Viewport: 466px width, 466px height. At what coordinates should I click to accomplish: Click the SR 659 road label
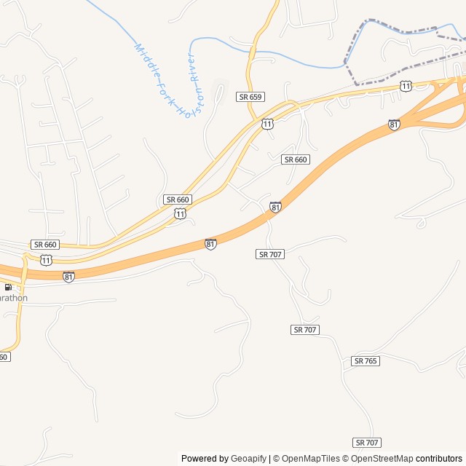[250, 96]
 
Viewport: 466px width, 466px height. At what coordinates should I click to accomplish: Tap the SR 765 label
[366, 361]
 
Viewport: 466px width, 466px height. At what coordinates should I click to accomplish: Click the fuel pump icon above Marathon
[7, 287]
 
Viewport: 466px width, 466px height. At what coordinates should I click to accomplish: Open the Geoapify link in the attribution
[249, 459]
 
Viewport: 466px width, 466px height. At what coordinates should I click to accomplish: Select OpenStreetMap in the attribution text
[380, 459]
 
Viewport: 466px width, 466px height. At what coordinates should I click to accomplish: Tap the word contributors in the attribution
[439, 459]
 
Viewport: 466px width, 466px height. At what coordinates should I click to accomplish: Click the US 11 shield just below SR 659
[268, 124]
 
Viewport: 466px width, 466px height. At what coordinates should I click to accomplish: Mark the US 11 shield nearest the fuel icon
[47, 260]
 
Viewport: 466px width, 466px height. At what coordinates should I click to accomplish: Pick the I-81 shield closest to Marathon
[68, 277]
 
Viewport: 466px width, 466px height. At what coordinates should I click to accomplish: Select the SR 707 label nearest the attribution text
[368, 443]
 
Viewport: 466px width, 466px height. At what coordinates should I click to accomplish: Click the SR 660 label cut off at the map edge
[4, 357]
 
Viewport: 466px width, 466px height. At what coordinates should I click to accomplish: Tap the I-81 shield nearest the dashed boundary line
[394, 125]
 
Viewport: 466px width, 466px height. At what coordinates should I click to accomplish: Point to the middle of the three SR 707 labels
[306, 330]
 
